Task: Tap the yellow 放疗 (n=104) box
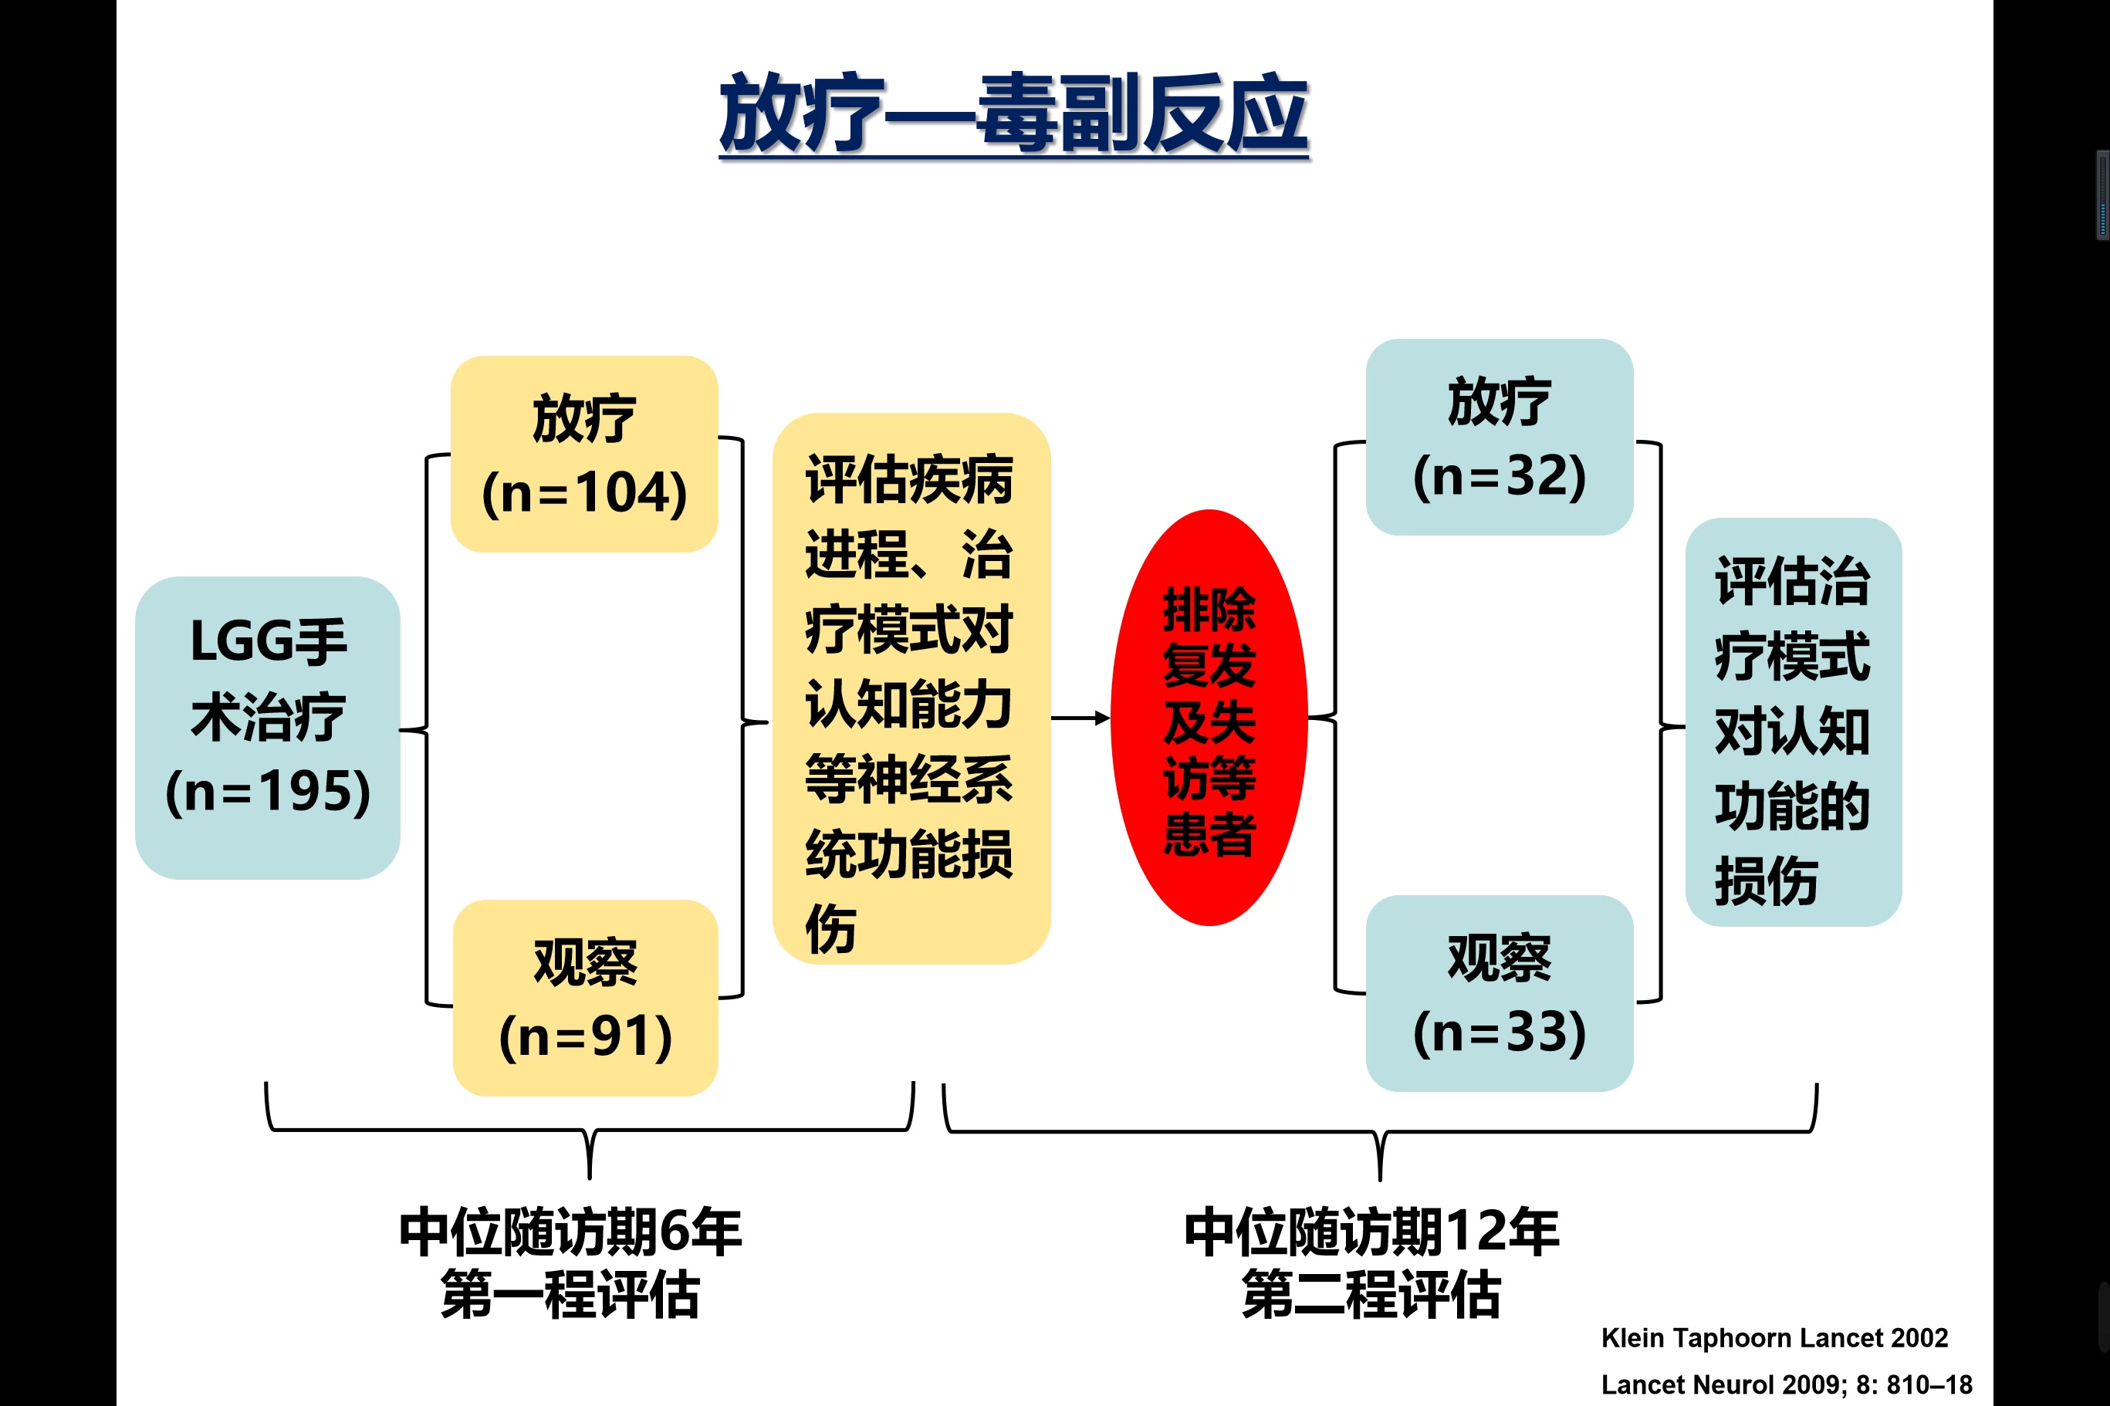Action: point(583,454)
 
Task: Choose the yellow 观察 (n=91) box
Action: point(586,998)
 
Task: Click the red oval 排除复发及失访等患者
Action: point(1209,718)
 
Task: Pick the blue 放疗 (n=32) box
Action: point(1500,437)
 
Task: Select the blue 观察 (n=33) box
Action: point(1500,993)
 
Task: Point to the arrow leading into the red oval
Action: point(1080,718)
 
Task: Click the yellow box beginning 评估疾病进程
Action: point(911,688)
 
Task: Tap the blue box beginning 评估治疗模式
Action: point(1794,722)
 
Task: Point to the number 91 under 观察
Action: point(620,1036)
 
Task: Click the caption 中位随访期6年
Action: point(570,1232)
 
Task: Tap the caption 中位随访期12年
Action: point(1372,1232)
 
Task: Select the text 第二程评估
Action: point(1372,1294)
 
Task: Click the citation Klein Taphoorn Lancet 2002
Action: point(1774,1338)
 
